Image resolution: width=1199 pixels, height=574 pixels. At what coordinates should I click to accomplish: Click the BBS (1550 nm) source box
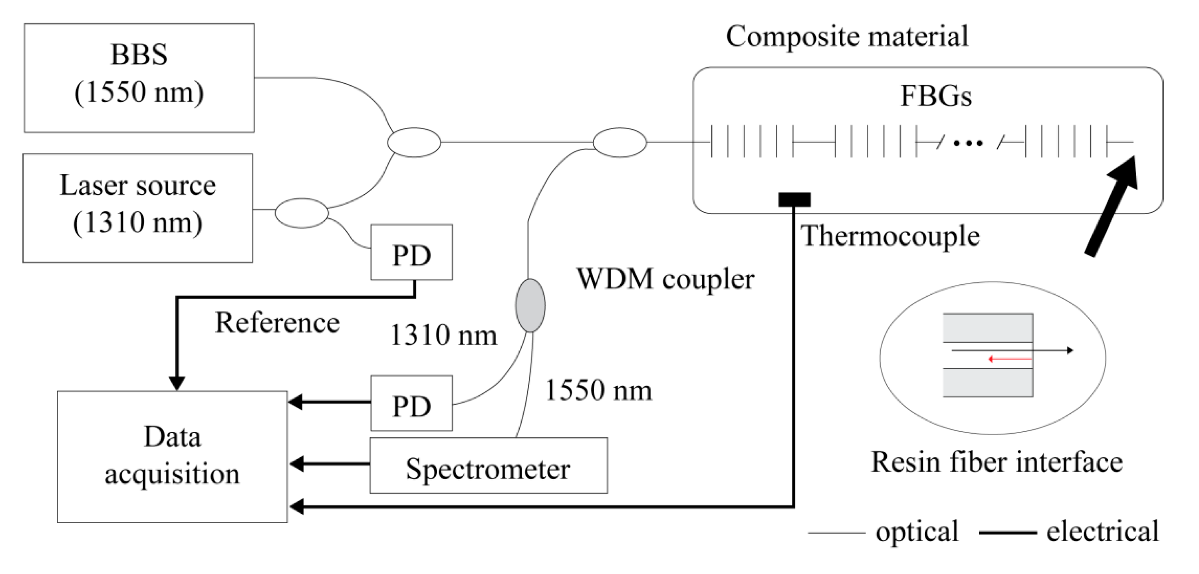[x=139, y=78]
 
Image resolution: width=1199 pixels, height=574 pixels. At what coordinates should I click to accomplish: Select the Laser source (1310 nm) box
[x=138, y=208]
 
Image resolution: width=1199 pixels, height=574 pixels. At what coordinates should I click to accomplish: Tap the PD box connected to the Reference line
[x=411, y=252]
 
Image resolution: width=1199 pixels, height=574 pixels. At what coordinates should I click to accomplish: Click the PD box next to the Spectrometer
[x=411, y=403]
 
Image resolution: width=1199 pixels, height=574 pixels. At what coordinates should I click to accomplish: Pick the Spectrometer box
[x=488, y=465]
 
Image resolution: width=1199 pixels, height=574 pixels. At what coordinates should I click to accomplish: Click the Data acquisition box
[x=172, y=456]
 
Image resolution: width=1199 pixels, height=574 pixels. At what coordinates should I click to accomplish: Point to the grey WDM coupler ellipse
[x=530, y=305]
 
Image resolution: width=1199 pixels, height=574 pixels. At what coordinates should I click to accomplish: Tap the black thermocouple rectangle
[x=794, y=199]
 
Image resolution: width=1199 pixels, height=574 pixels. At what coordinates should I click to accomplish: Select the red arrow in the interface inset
[x=1009, y=359]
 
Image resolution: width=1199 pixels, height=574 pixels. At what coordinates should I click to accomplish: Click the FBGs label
[x=936, y=96]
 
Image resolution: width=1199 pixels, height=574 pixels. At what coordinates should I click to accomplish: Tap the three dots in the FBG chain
[x=968, y=143]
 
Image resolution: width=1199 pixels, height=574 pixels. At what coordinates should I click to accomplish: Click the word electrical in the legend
[x=1102, y=531]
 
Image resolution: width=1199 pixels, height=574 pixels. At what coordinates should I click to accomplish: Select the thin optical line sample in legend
[x=836, y=532]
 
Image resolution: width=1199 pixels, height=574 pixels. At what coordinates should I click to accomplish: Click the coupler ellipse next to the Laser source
[x=302, y=213]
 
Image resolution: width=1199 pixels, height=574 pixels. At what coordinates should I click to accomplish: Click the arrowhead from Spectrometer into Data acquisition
[x=297, y=464]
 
